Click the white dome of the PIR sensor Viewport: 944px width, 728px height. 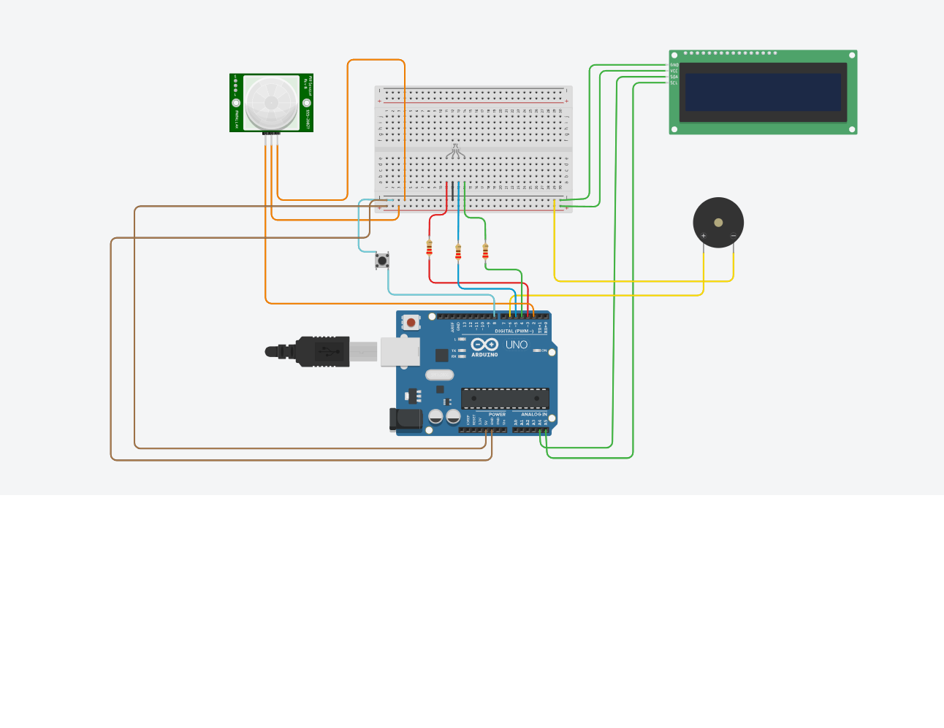coord(271,103)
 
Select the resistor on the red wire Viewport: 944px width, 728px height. coord(429,249)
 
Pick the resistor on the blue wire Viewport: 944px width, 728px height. coord(458,252)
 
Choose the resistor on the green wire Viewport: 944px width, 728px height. coord(485,251)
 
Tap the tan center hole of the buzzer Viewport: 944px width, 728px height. coord(718,223)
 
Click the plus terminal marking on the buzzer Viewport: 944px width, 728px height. coord(703,236)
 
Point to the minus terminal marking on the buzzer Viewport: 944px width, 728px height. coord(734,236)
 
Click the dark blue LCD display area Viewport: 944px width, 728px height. coord(763,92)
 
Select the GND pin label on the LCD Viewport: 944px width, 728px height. coord(674,65)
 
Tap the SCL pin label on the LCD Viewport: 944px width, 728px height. coord(674,83)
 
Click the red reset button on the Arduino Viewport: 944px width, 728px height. coord(411,322)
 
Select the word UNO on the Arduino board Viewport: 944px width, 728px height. coord(517,345)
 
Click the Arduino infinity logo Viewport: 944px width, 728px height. coord(484,345)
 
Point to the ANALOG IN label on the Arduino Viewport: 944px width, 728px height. coord(533,414)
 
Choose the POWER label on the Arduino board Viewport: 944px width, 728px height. coord(497,414)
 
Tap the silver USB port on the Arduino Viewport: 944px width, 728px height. coord(400,351)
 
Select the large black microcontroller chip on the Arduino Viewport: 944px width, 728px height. coord(505,399)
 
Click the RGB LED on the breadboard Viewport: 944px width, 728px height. coord(455,151)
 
